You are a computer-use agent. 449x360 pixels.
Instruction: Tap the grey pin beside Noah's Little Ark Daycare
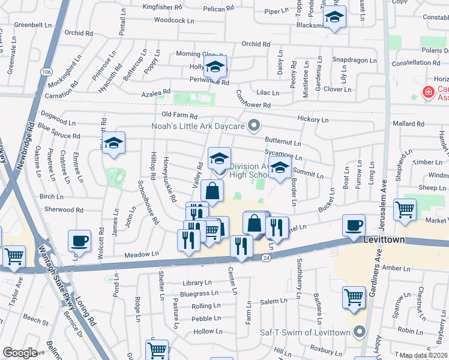(x=254, y=126)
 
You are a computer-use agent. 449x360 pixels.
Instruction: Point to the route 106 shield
(x=46, y=71)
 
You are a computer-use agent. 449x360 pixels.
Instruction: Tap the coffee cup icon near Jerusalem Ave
(x=354, y=226)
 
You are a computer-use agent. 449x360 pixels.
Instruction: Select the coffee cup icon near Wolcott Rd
(x=79, y=241)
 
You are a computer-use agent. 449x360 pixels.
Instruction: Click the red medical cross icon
(x=428, y=92)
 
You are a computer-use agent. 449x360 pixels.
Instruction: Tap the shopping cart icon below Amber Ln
(x=354, y=296)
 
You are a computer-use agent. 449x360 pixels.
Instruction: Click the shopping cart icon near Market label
(x=405, y=210)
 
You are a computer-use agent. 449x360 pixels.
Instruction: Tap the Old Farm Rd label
(x=179, y=115)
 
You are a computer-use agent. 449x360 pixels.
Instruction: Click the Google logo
(x=20, y=353)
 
